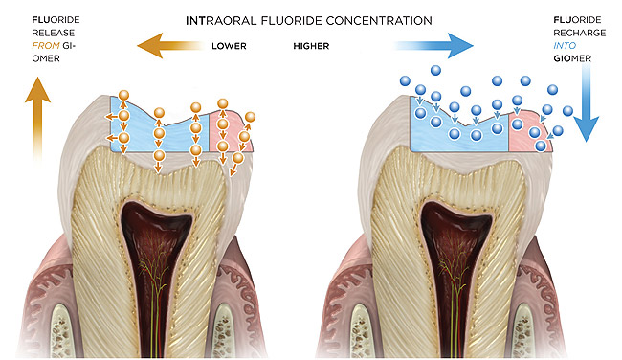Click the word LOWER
[229, 46]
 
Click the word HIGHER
[311, 46]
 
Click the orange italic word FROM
[46, 46]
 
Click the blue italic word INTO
[565, 46]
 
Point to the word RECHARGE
[579, 33]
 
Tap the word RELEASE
[54, 33]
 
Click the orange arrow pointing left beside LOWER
[169, 46]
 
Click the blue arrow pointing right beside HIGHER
[433, 46]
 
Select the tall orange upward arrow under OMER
[37, 119]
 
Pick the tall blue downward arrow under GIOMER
[586, 102]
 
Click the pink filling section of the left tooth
[230, 131]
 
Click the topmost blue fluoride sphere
[435, 70]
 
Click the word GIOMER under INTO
[572, 58]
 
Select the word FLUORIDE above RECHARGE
[577, 20]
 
